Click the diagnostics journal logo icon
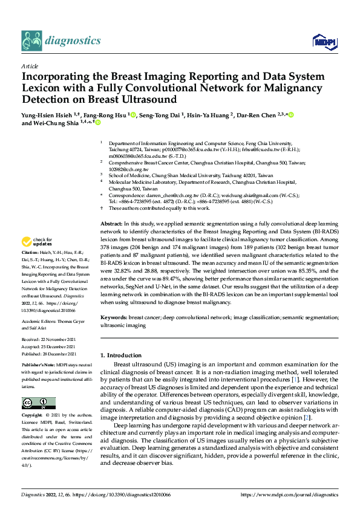tap(31, 41)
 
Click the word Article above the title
tap(30, 66)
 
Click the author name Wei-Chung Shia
tap(59, 123)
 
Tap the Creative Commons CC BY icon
tap(38, 403)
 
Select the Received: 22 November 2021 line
tap(50, 340)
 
